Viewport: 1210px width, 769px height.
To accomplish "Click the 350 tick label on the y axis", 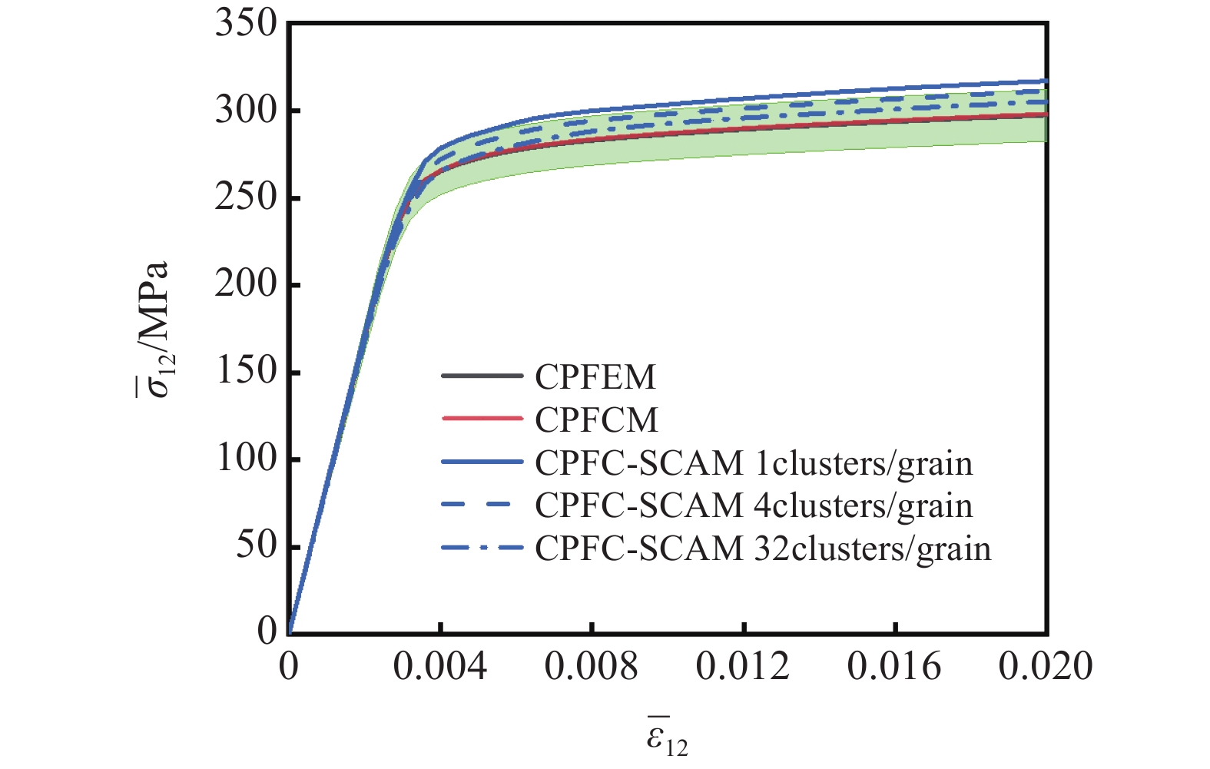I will (x=245, y=24).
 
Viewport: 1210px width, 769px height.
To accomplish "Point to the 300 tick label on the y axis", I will (x=245, y=111).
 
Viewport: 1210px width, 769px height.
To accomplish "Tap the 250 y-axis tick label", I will (x=245, y=197).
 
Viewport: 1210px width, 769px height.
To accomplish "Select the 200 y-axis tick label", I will (x=245, y=284).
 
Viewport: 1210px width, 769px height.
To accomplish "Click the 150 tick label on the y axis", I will (x=245, y=371).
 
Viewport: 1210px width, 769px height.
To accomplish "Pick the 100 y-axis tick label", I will (x=245, y=458).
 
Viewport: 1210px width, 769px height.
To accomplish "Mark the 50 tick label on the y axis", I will (x=256, y=545).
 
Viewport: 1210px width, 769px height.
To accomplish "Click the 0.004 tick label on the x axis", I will (x=439, y=666).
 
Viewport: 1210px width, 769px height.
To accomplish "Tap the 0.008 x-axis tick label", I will (x=591, y=666).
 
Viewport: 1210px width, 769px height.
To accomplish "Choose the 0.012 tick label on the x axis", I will (x=742, y=666).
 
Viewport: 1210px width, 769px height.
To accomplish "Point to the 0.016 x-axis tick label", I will (x=893, y=666).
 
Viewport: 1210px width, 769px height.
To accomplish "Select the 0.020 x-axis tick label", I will (x=1045, y=666).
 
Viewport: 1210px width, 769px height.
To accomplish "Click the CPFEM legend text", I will (x=595, y=376).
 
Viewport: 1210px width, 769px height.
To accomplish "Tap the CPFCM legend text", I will (x=596, y=419).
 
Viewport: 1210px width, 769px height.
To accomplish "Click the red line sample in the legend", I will (x=482, y=419).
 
